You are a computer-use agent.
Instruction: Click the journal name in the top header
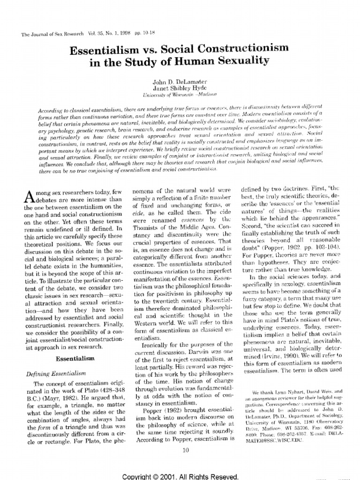(x=45, y=34)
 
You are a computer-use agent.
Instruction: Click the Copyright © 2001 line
(x=180, y=476)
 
